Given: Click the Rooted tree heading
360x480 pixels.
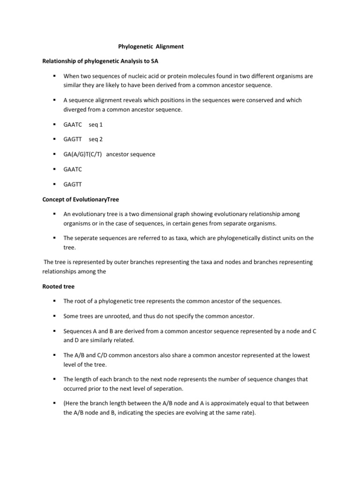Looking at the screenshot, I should [x=58, y=286].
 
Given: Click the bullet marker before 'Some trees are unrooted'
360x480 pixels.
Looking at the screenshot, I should [x=55, y=316].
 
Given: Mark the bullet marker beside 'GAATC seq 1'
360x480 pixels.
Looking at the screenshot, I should [x=55, y=125].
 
